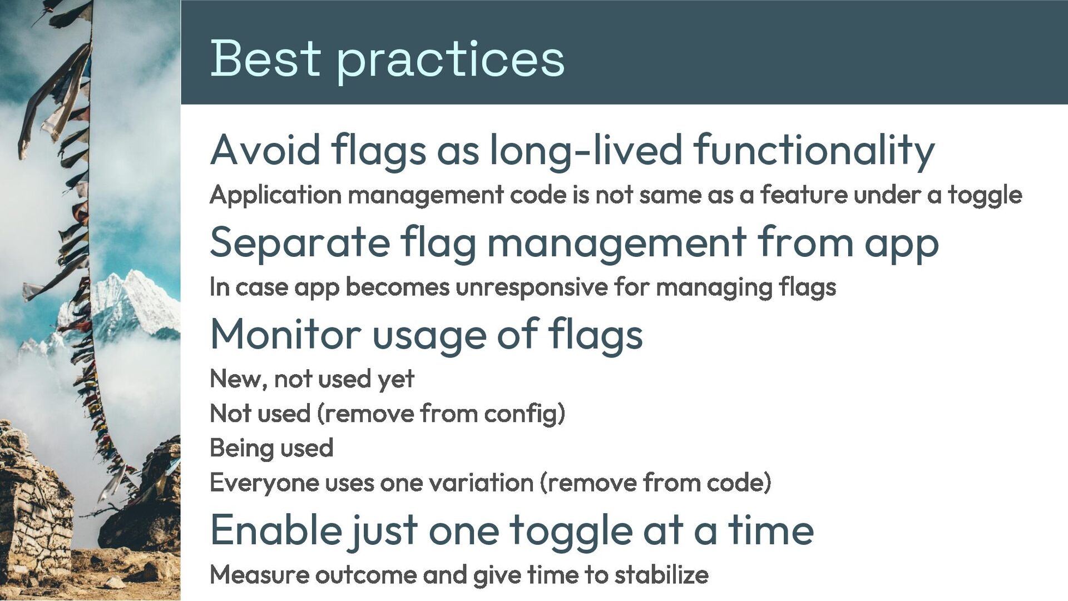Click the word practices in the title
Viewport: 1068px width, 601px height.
click(451, 62)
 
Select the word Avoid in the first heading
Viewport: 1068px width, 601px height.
click(265, 150)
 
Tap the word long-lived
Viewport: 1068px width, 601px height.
click(586, 151)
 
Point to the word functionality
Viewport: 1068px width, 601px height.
click(814, 151)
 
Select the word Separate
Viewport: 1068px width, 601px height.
click(300, 244)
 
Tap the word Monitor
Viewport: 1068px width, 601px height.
click(286, 335)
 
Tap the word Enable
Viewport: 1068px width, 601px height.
click(276, 530)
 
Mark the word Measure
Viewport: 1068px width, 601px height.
click(259, 575)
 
